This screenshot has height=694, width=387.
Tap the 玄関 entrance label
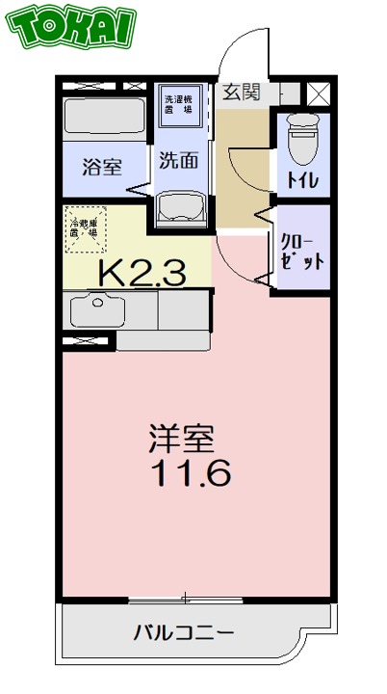tap(242, 93)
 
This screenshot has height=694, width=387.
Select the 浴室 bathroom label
tap(101, 165)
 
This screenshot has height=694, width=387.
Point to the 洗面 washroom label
tap(180, 160)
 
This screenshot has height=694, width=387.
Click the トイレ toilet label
tap(302, 179)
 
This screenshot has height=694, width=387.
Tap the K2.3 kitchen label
tap(141, 273)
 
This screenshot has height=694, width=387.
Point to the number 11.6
tap(188, 474)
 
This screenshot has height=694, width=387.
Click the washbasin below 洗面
tap(180, 204)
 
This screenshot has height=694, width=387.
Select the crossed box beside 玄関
tap(319, 93)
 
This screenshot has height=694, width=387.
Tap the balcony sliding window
tap(186, 599)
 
